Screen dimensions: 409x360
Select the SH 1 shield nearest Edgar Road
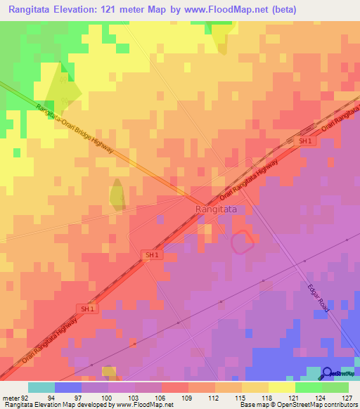(x=151, y=255)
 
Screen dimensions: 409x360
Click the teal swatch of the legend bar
(x=41, y=387)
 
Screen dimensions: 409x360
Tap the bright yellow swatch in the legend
(x=281, y=387)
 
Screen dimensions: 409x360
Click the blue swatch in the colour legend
(x=68, y=387)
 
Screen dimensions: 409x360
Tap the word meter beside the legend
(x=10, y=397)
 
